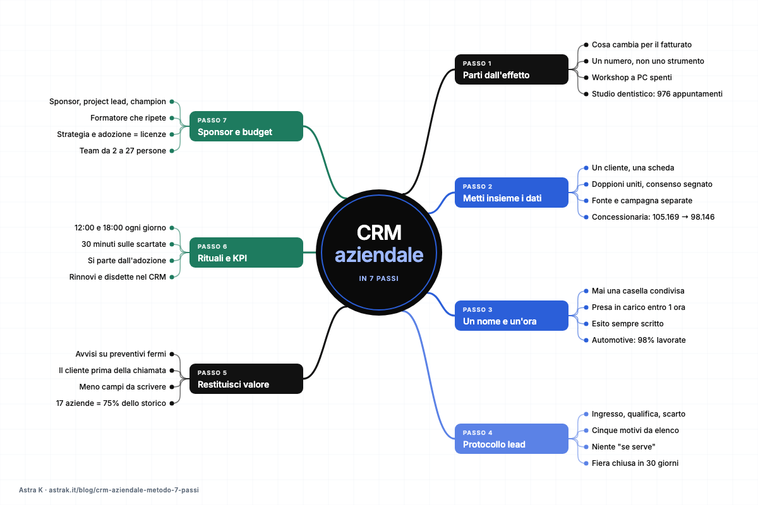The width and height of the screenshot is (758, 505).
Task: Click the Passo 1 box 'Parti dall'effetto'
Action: pyautogui.click(x=511, y=69)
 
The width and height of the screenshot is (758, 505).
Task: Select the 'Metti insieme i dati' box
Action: pyautogui.click(x=511, y=193)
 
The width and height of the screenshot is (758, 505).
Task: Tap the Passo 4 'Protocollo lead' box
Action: pyautogui.click(x=511, y=439)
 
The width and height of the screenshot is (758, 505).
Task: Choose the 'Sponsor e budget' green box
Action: pyautogui.click(x=246, y=126)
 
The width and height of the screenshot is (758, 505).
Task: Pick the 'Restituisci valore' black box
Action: pyautogui.click(x=246, y=379)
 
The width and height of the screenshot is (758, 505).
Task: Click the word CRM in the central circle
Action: pyautogui.click(x=379, y=233)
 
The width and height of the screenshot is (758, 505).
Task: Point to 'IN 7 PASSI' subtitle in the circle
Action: pyautogui.click(x=378, y=278)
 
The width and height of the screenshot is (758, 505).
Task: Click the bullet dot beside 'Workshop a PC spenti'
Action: pyautogui.click(x=586, y=78)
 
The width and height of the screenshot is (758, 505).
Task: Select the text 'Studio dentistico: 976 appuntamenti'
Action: pyautogui.click(x=657, y=93)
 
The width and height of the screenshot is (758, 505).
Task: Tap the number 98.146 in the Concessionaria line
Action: pyautogui.click(x=702, y=217)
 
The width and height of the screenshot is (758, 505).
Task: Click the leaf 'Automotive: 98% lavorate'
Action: pyautogui.click(x=639, y=340)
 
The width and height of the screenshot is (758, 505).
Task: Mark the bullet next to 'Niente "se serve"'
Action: pyautogui.click(x=586, y=447)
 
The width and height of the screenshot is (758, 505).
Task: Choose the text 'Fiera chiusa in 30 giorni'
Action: pyautogui.click(x=635, y=463)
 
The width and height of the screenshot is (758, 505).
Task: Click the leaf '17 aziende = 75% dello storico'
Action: pyautogui.click(x=111, y=403)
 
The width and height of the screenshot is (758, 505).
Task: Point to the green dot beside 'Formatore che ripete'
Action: pyautogui.click(x=172, y=118)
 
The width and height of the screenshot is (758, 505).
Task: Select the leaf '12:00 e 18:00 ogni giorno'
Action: pyautogui.click(x=120, y=228)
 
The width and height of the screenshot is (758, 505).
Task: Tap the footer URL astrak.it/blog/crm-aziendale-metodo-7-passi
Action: pyautogui.click(x=124, y=490)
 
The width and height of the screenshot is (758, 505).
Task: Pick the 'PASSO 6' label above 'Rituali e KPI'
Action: pyautogui.click(x=212, y=247)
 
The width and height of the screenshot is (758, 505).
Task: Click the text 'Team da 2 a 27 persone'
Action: pyautogui.click(x=123, y=151)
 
